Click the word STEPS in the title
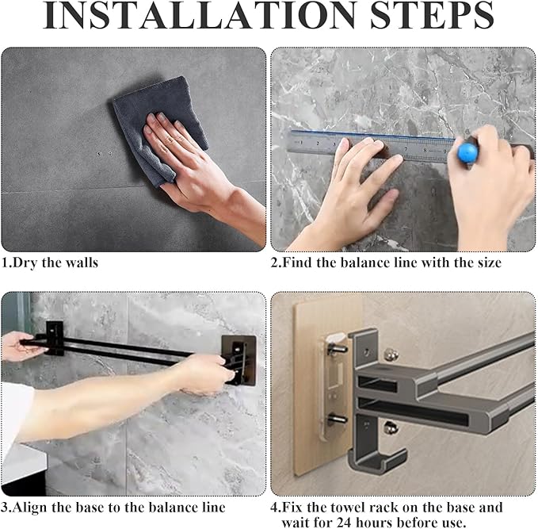click(x=432, y=15)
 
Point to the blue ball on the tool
click(x=467, y=151)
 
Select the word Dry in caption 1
click(x=26, y=263)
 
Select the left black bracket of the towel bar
click(x=55, y=338)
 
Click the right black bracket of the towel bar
click(x=238, y=360)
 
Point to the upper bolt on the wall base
click(x=337, y=348)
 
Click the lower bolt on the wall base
click(x=337, y=419)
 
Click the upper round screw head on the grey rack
click(x=391, y=355)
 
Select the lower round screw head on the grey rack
click(x=391, y=427)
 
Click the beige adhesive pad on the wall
click(x=309, y=388)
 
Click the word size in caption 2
click(x=490, y=263)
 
